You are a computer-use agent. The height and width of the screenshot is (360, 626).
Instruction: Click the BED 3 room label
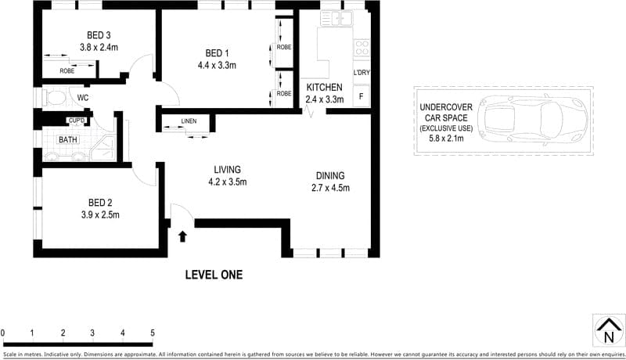pyautogui.click(x=99, y=34)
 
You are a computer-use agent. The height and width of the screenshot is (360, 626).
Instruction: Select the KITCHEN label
pyautogui.click(x=324, y=87)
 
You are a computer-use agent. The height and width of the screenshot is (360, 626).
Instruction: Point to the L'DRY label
pyautogui.click(x=362, y=74)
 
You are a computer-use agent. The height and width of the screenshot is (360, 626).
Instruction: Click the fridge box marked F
pyautogui.click(x=361, y=96)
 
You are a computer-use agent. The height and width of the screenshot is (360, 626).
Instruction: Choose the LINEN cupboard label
pyautogui.click(x=188, y=121)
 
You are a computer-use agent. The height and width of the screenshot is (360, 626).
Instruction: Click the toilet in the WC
pyautogui.click(x=55, y=98)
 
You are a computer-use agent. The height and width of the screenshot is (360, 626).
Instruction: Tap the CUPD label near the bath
pyautogui.click(x=76, y=121)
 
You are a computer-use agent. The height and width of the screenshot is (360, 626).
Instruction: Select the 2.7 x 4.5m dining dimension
pyautogui.click(x=330, y=188)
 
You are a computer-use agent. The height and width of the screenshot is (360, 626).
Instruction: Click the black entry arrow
pyautogui.click(x=182, y=236)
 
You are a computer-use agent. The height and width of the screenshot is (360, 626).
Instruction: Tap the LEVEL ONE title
pyautogui.click(x=214, y=275)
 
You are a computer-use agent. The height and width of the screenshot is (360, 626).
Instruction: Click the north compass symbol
pyautogui.click(x=607, y=329)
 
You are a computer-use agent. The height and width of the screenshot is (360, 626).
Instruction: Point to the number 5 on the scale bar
pyautogui.click(x=153, y=333)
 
